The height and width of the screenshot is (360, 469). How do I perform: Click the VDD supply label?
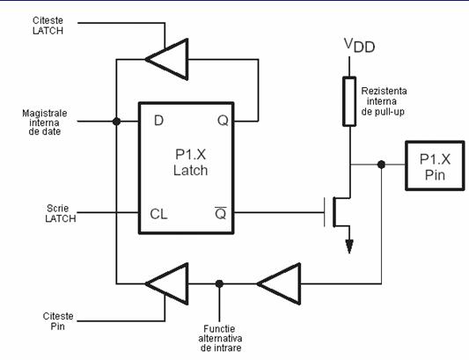tap(359, 46)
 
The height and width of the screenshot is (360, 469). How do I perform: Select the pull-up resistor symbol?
tap(349, 101)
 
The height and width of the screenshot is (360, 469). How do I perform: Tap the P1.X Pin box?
tap(435, 165)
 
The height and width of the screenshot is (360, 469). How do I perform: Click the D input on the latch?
tap(158, 121)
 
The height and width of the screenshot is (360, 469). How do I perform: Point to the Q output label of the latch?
tap(223, 121)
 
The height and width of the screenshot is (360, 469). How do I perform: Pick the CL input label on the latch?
tap(158, 214)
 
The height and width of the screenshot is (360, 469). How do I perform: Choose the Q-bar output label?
tap(221, 213)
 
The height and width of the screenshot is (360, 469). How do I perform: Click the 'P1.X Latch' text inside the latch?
tap(191, 163)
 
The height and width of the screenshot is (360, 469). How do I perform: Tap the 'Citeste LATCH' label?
tap(48, 26)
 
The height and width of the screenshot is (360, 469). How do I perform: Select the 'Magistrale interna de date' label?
tap(45, 122)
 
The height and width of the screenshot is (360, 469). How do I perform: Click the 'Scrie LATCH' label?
tap(61, 213)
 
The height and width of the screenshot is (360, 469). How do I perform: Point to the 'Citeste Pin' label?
tap(58, 321)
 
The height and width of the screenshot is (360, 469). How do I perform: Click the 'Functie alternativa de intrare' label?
tap(220, 339)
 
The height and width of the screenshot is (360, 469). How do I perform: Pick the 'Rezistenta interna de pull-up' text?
tap(384, 101)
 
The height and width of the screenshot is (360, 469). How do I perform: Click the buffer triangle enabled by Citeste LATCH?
tap(167, 59)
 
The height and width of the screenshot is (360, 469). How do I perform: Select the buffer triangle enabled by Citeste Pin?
tap(167, 283)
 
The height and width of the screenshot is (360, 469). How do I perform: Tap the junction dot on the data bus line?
tap(117, 121)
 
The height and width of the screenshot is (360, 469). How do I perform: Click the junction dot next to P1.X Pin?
tap(381, 165)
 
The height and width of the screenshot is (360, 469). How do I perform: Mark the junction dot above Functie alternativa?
tap(219, 283)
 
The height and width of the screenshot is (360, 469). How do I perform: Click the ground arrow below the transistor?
tap(349, 246)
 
